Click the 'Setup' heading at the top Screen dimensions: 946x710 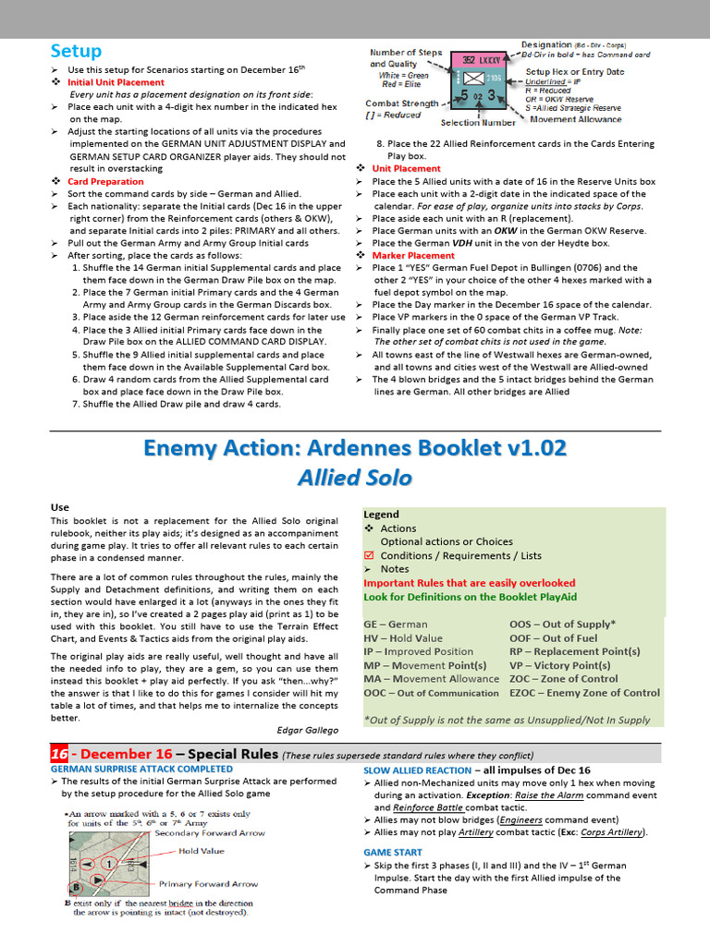tap(75, 50)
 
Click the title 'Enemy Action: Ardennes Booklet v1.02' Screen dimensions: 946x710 tap(355, 448)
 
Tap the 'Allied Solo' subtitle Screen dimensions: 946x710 tap(355, 478)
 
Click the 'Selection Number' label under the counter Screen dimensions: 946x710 tap(478, 123)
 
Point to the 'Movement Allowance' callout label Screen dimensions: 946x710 tap(574, 119)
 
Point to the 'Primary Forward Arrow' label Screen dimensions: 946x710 tap(209, 883)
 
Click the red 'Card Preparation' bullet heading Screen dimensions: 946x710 tap(105, 182)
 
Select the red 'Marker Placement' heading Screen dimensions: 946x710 tap(413, 256)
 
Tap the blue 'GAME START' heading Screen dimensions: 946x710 tap(393, 853)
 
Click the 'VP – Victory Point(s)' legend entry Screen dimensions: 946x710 tap(559, 665)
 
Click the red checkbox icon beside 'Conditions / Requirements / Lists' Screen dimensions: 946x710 tap(369, 555)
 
